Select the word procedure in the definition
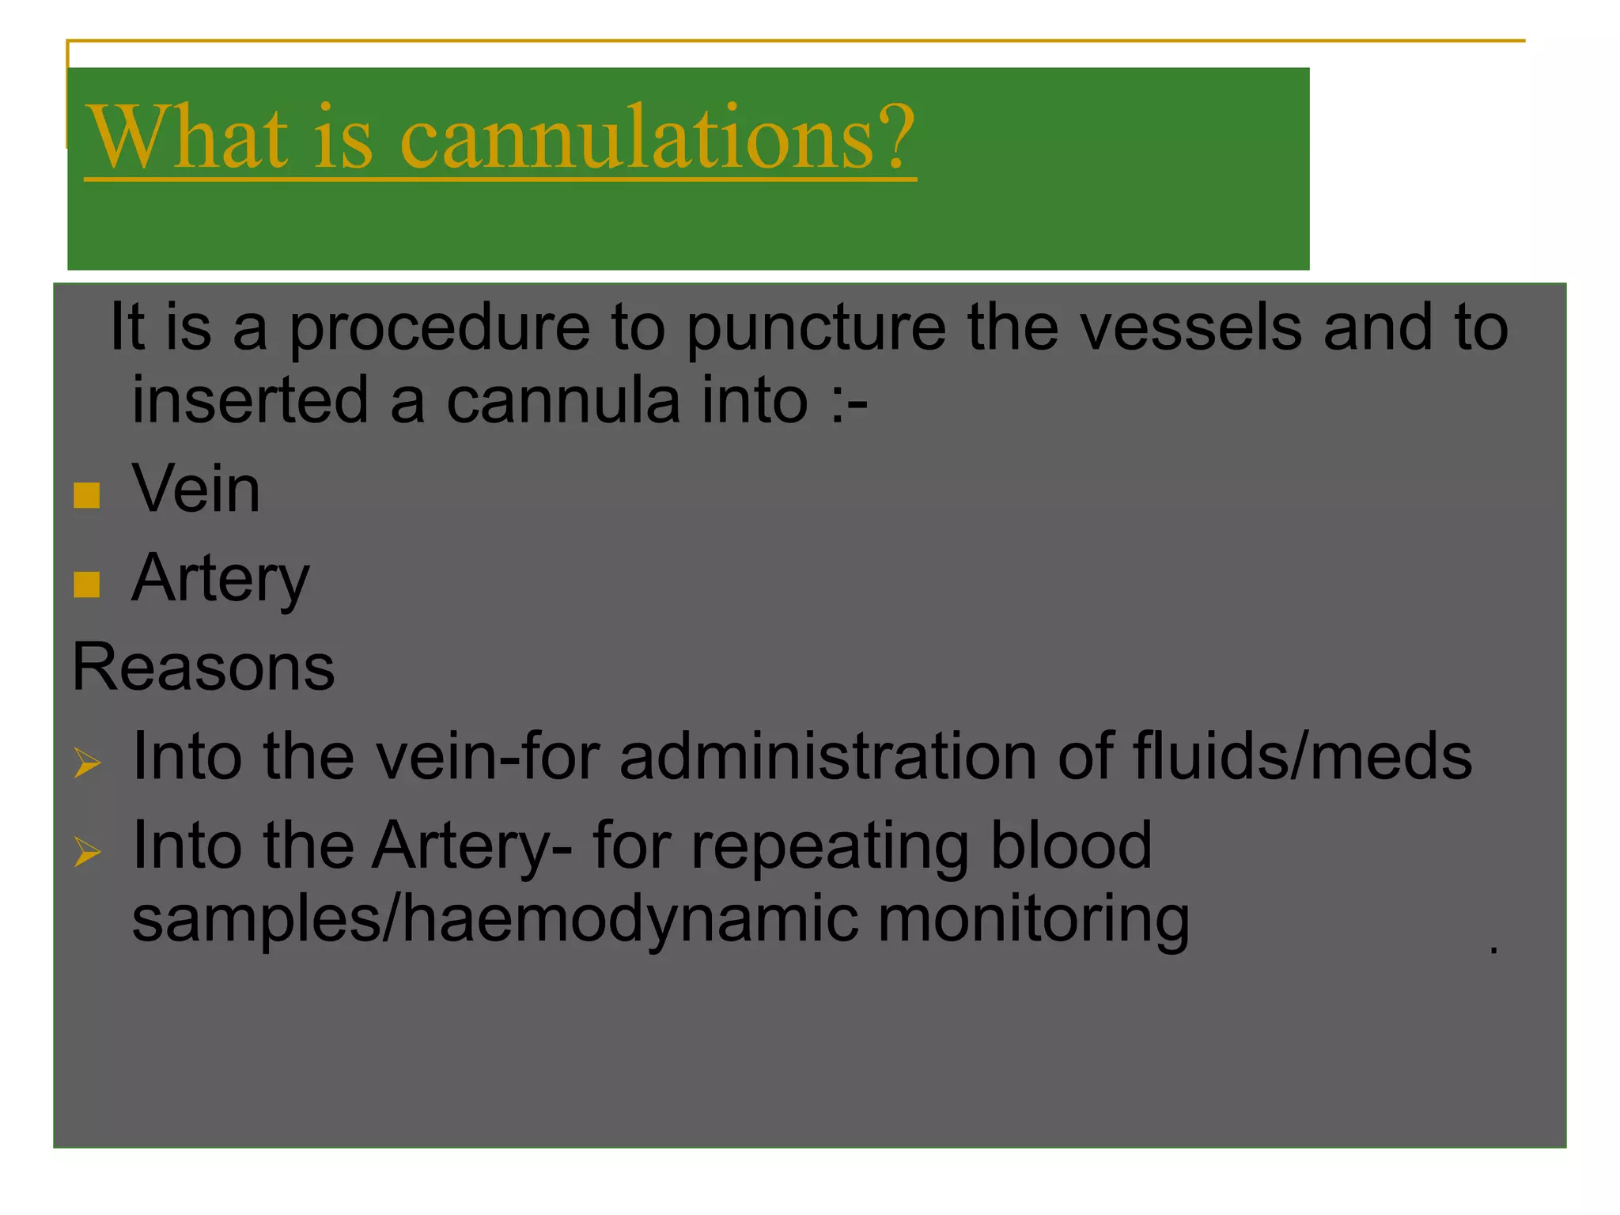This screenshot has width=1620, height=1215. pyautogui.click(x=439, y=328)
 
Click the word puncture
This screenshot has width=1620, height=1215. pyautogui.click(x=816, y=328)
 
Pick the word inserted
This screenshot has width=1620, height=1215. pyautogui.click(x=250, y=399)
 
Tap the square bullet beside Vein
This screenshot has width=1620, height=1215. pyautogui.click(x=87, y=495)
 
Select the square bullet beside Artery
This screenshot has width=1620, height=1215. pyautogui.click(x=87, y=585)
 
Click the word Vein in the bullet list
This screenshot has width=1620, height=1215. pyautogui.click(x=196, y=489)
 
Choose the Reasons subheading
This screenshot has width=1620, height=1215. pyautogui.click(x=203, y=667)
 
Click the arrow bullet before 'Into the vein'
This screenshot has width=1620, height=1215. pyautogui.click(x=88, y=763)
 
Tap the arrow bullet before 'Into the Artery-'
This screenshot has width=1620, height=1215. pyautogui.click(x=88, y=852)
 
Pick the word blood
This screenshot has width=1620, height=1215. pyautogui.click(x=1072, y=845)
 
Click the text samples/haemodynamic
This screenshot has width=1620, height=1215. pyautogui.click(x=495, y=920)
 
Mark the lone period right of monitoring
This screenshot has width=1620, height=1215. pyautogui.click(x=1493, y=949)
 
